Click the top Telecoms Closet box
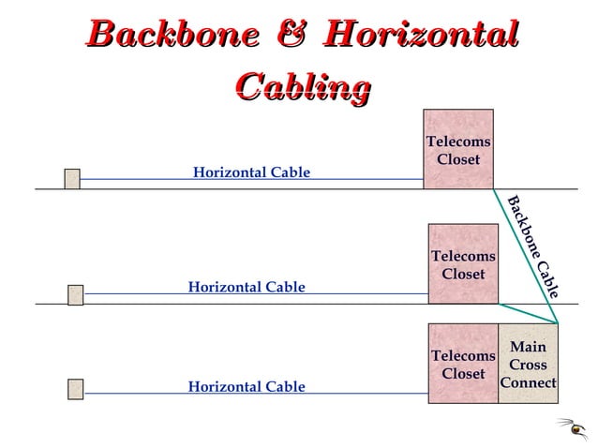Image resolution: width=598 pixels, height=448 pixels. [x=457, y=150]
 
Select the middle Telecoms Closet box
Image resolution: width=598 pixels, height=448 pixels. [x=463, y=264]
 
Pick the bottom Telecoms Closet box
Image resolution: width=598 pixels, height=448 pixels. [x=463, y=365]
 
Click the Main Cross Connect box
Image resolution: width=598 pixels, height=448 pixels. [x=528, y=365]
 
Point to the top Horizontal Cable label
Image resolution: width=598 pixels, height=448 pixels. [x=251, y=172]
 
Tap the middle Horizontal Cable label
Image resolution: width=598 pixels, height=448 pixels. [x=247, y=287]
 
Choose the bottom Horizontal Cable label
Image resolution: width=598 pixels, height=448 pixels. [x=247, y=386]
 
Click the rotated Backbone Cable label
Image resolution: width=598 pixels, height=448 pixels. [x=533, y=246]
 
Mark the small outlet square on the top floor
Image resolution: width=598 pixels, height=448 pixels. [x=72, y=179]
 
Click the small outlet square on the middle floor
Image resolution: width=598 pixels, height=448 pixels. [x=75, y=295]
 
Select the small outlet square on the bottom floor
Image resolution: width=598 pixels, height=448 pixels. [x=75, y=388]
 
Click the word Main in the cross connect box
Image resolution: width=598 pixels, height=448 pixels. [x=528, y=348]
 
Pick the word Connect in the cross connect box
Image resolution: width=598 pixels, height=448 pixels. [x=528, y=382]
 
